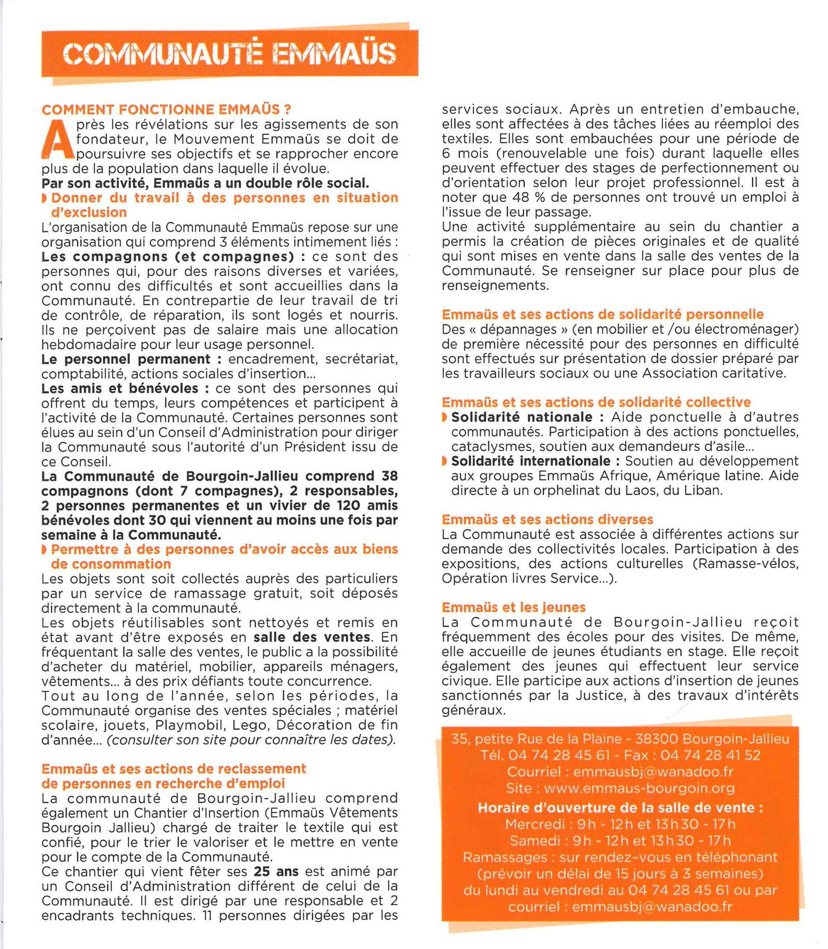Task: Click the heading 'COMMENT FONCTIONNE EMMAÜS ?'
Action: (x=166, y=110)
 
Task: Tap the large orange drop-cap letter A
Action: (x=57, y=140)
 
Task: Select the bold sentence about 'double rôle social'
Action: (x=205, y=183)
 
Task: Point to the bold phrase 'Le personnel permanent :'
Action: (x=131, y=359)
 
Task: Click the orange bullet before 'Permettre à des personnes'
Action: (x=45, y=549)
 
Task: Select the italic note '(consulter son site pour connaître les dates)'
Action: (x=251, y=740)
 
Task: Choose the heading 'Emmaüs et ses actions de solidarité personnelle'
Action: (x=602, y=315)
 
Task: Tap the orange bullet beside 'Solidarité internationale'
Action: (x=445, y=461)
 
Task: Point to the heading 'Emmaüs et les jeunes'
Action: (x=513, y=607)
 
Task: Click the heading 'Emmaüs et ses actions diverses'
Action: (x=547, y=520)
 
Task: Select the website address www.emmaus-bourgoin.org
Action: (x=639, y=789)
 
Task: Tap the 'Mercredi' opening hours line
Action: (x=620, y=824)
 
